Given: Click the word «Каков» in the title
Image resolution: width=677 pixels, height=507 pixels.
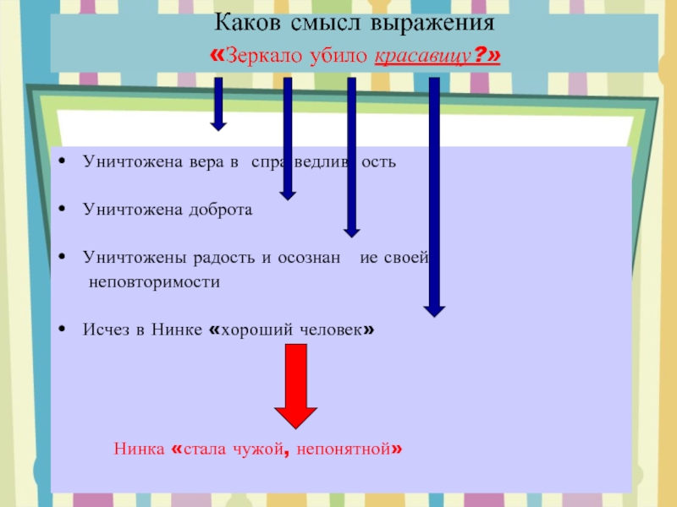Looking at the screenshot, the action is click(x=247, y=23).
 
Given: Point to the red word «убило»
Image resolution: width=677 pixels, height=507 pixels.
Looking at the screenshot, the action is click(x=338, y=55).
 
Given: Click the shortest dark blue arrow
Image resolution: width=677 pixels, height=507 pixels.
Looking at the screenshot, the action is click(x=218, y=104).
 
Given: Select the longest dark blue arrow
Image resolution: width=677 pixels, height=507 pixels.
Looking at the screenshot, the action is click(x=434, y=197).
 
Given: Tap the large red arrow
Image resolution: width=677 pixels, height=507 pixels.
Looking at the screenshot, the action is click(x=295, y=386).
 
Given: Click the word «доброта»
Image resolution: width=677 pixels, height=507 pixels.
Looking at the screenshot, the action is click(x=221, y=210).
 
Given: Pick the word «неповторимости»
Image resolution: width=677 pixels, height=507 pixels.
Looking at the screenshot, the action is click(x=154, y=282).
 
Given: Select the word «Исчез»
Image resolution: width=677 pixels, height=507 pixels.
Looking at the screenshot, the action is click(x=107, y=330).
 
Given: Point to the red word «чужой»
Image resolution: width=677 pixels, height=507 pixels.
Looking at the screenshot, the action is click(x=258, y=450).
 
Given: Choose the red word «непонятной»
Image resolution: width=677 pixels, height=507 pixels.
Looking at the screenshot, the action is click(x=344, y=450).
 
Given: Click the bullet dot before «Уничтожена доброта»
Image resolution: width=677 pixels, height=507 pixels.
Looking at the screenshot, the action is click(x=62, y=209).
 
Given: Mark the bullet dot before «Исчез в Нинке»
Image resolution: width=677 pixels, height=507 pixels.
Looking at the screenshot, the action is click(x=62, y=329).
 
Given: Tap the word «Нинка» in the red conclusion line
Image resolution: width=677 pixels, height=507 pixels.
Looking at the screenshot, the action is click(x=139, y=450).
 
